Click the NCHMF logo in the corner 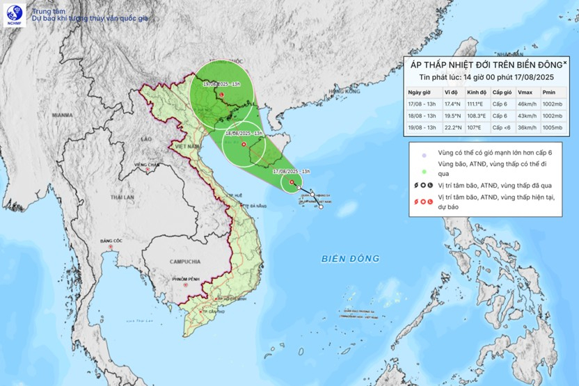14,13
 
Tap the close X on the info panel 564,63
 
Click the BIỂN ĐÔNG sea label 350,259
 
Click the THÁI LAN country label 120,197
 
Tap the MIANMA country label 62,115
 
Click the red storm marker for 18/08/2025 244,144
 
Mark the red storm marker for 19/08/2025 221,95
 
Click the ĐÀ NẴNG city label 257,207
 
